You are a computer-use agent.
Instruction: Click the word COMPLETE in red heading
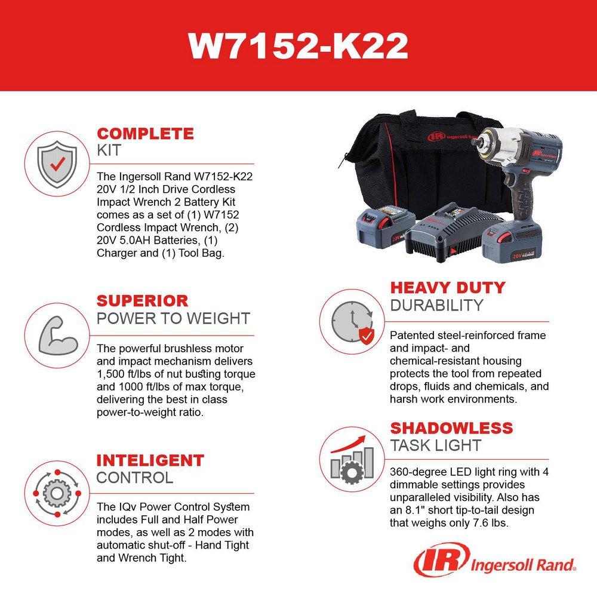(145, 133)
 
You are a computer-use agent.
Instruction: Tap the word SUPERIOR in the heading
(142, 300)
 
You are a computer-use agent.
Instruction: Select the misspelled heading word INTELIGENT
(150, 460)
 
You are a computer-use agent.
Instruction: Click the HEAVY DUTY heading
(447, 287)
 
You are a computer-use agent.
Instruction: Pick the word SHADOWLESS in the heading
(451, 428)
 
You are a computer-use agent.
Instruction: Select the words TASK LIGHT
(435, 445)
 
